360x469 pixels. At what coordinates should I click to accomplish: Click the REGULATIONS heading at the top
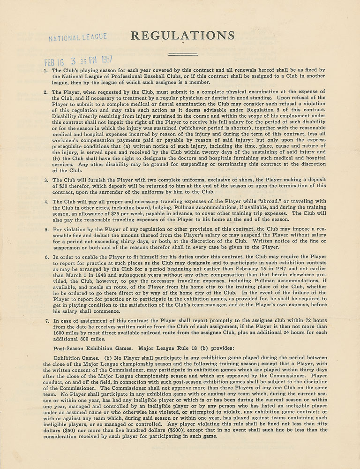[x=182, y=35]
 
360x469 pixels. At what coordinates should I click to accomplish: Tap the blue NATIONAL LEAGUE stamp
[x=78, y=37]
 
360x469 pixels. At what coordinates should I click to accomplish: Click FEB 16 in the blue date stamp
[x=54, y=62]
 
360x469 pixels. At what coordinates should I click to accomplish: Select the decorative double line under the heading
[x=182, y=54]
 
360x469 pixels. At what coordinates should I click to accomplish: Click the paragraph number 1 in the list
[x=45, y=70]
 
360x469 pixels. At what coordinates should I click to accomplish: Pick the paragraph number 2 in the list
[x=45, y=92]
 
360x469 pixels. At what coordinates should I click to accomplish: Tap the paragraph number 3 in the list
[x=45, y=180]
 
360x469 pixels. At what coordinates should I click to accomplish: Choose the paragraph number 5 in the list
[x=45, y=230]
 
